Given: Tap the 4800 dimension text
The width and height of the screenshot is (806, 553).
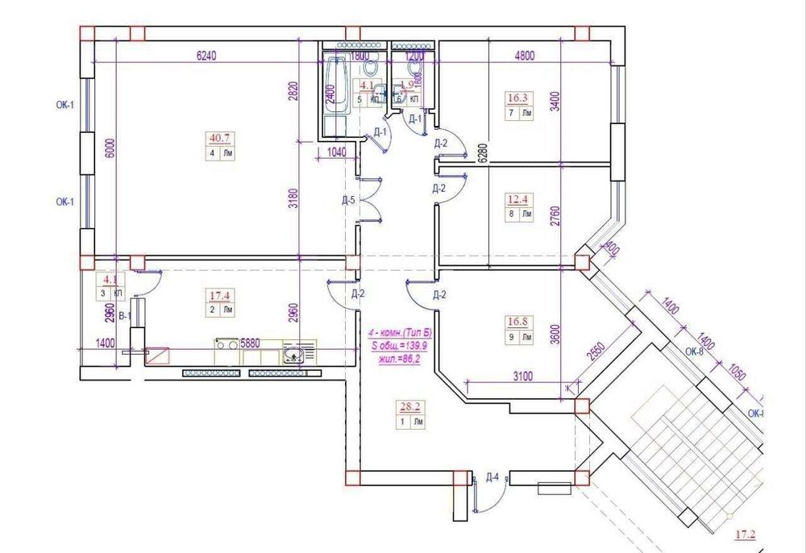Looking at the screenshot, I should click(x=526, y=56).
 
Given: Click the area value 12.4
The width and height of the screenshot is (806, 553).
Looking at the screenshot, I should click(x=517, y=198).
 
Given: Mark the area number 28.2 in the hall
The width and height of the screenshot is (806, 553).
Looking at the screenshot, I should click(x=409, y=405).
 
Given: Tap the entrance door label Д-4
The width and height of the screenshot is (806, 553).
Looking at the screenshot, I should click(x=492, y=476).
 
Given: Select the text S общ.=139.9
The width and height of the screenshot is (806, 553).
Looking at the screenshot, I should click(x=397, y=345).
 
